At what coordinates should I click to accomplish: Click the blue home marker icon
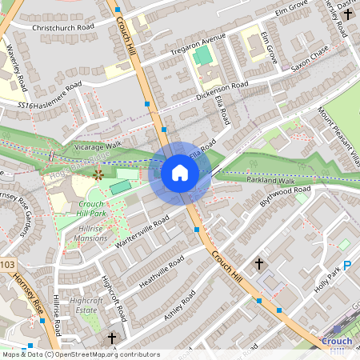[180, 173]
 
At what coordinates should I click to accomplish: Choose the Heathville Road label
[161, 271]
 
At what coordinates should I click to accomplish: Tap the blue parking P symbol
[347, 266]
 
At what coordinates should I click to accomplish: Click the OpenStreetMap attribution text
[80, 354]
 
